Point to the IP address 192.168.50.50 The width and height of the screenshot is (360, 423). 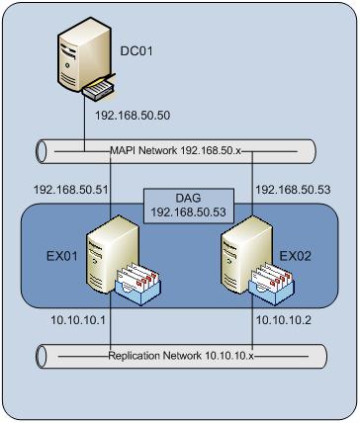134,116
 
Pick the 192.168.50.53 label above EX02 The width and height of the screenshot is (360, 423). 294,187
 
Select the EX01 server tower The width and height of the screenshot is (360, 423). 106,263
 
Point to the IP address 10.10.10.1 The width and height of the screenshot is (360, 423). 61,321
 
